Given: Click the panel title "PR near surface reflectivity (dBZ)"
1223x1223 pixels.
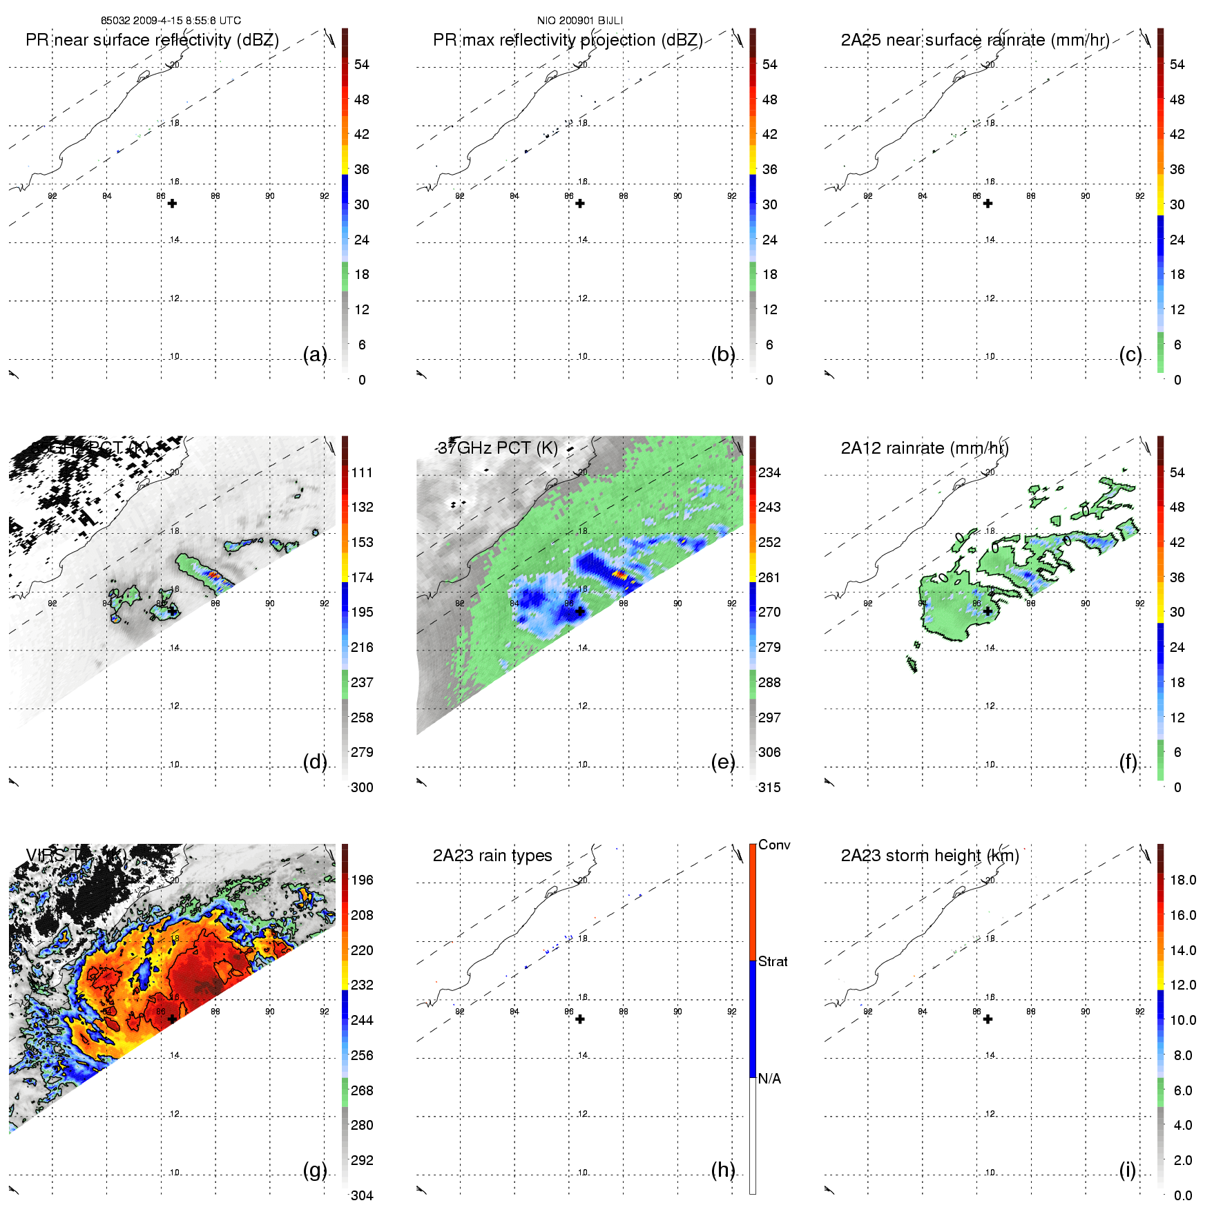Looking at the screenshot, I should coord(152,40).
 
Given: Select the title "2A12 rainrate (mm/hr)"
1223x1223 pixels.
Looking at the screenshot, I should coord(924,448).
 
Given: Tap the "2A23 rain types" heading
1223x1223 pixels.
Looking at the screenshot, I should coord(492,856).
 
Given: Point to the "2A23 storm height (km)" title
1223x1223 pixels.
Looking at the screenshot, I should coord(930,856).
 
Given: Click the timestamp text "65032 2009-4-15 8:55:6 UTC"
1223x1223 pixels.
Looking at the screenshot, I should coord(171,21).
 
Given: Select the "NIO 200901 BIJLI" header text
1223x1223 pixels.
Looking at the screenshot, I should coord(580,21).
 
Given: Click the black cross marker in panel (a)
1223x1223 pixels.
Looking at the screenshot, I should coord(172,204).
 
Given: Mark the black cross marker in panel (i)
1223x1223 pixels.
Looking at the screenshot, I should coord(988,1019).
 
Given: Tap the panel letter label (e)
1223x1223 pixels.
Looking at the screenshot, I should coord(722,762).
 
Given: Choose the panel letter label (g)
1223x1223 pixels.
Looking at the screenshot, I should coord(315,1170).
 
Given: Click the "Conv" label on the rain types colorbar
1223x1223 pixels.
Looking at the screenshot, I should coord(774,845).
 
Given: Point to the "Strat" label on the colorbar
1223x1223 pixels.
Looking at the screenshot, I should coord(773,961).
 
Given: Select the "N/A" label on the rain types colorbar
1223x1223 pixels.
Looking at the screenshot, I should coord(769,1079).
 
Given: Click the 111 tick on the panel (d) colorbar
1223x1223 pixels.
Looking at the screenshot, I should coord(362,472).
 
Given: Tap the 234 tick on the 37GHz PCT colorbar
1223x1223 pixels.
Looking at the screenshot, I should coord(769,472).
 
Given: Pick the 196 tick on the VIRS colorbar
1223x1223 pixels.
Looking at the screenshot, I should coord(362,880).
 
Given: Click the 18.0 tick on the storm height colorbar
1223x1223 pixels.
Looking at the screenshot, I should coord(1182,880).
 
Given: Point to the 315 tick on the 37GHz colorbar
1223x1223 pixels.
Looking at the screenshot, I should coord(769,787).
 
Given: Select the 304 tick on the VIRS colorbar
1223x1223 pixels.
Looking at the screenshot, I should coord(362,1195).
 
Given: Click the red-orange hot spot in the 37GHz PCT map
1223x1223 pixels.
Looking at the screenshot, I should coord(619,573).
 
